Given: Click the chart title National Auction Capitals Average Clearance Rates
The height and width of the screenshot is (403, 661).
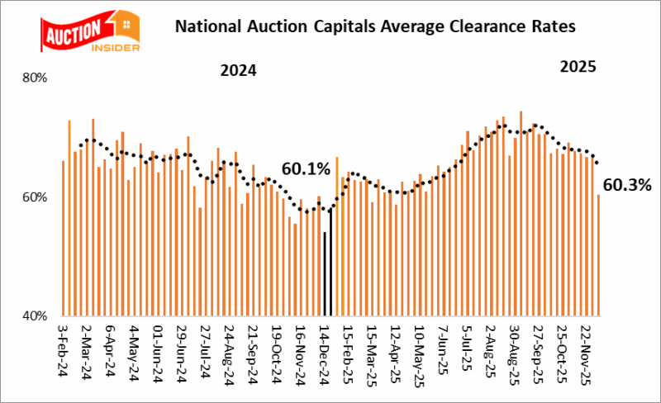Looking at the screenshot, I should [374, 26].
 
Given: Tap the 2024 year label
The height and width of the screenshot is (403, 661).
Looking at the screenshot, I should [238, 70].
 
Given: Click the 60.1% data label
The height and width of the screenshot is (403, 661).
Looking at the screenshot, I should [305, 169].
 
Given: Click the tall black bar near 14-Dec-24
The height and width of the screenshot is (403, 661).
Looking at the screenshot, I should [331, 263].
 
